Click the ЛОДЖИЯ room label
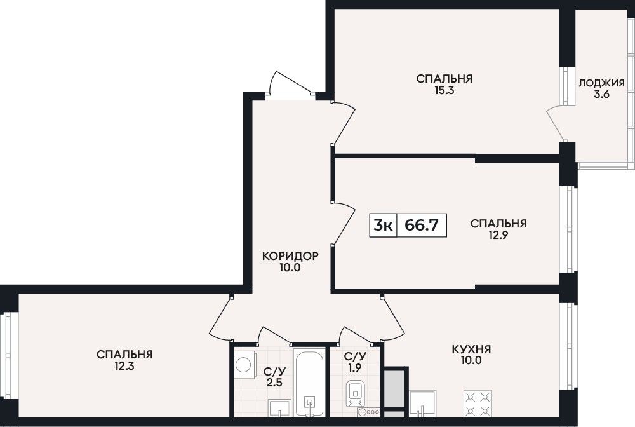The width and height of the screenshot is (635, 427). (x=601, y=83)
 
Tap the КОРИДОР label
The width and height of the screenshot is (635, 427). (x=290, y=256)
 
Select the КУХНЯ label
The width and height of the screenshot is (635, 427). (x=471, y=349)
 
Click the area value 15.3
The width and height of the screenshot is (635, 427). (x=444, y=90)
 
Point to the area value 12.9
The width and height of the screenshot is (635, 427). (x=498, y=235)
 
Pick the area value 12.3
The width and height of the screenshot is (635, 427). (x=124, y=366)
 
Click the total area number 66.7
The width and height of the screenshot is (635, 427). (x=422, y=224)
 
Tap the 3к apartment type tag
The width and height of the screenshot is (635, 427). (x=383, y=224)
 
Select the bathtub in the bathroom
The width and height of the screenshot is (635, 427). (x=310, y=382)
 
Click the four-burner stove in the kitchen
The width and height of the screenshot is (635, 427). (x=478, y=403)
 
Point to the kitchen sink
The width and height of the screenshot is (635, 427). (x=423, y=403)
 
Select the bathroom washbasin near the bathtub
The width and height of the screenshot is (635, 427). (x=280, y=407)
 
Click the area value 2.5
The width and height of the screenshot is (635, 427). (x=274, y=383)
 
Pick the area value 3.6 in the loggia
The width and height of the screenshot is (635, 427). (x=601, y=95)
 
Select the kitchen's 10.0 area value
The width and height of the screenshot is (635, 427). (x=471, y=360)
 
